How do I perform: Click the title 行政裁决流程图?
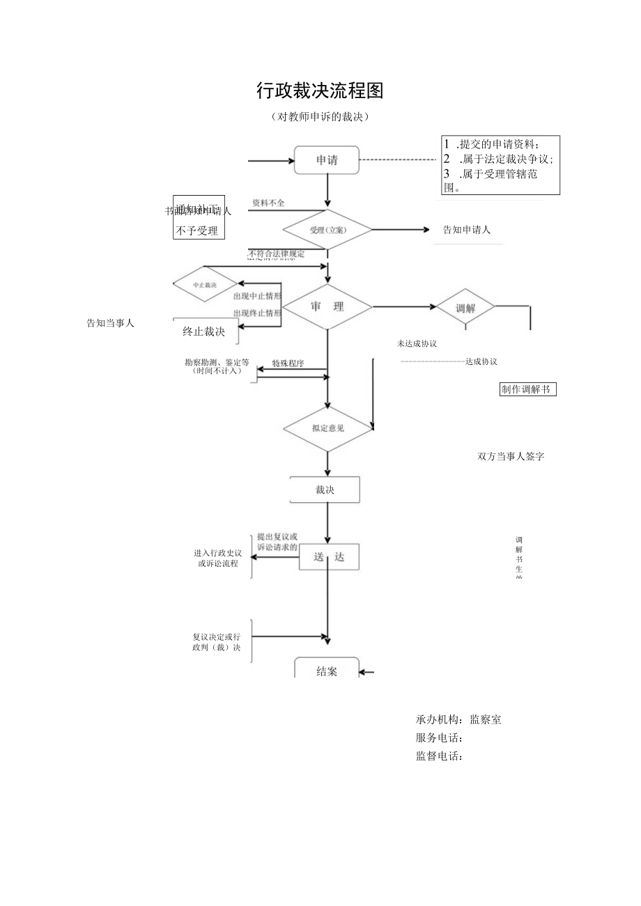(x=320, y=91)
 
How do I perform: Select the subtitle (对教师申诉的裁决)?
(x=320, y=117)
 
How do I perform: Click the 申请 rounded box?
(x=327, y=160)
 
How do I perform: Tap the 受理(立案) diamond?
(x=327, y=229)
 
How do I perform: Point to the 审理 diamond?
(x=327, y=306)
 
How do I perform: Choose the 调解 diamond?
(x=465, y=307)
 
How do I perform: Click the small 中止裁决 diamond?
(x=205, y=285)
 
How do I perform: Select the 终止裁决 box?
(x=204, y=331)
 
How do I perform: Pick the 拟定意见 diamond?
(x=327, y=428)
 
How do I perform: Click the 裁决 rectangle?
(x=325, y=490)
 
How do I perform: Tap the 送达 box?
(x=329, y=557)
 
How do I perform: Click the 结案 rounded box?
(x=327, y=671)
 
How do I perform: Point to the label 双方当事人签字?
(x=511, y=457)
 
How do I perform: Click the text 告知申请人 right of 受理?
(x=467, y=230)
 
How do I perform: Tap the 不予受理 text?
(x=198, y=231)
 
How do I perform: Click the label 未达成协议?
(x=417, y=343)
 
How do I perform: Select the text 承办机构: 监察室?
(x=458, y=720)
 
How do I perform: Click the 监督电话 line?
(x=440, y=756)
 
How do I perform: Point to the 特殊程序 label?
(x=288, y=364)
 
